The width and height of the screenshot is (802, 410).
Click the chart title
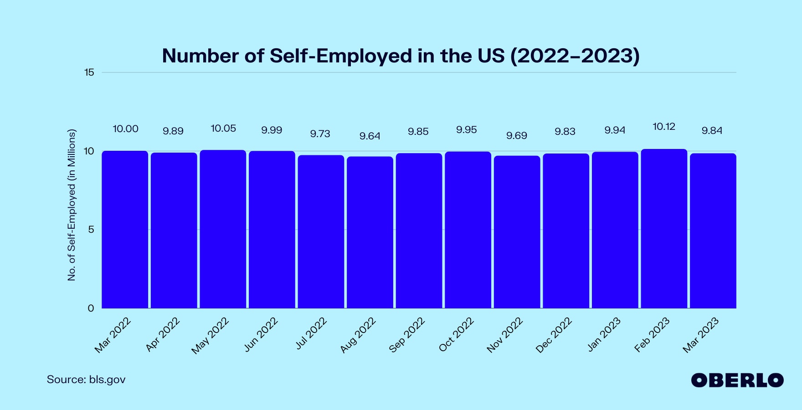pyautogui.click(x=401, y=56)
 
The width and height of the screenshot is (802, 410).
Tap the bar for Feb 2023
pyautogui.click(x=664, y=229)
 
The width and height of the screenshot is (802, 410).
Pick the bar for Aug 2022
pyautogui.click(x=370, y=232)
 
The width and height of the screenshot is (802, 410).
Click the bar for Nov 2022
pyautogui.click(x=517, y=232)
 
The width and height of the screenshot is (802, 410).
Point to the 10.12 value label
pyautogui.click(x=664, y=127)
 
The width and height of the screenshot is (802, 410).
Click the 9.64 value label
pyautogui.click(x=370, y=136)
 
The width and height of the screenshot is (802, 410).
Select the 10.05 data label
pyautogui.click(x=223, y=128)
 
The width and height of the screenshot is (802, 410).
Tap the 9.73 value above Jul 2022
pyautogui.click(x=320, y=133)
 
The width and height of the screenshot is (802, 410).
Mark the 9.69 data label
pyautogui.click(x=517, y=136)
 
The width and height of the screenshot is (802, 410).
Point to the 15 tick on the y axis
pyautogui.click(x=89, y=72)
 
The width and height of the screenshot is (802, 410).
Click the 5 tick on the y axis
pyautogui.click(x=91, y=230)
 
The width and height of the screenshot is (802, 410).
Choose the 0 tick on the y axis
pyautogui.click(x=91, y=308)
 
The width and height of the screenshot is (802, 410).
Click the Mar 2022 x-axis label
pyautogui.click(x=113, y=335)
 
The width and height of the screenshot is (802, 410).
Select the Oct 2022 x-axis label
pyautogui.click(x=456, y=335)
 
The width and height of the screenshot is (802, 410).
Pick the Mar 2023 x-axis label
pyautogui.click(x=700, y=335)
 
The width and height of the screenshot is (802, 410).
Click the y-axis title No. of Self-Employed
pyautogui.click(x=72, y=205)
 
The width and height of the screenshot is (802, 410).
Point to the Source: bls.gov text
pyautogui.click(x=86, y=379)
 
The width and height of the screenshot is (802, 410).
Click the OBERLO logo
pyautogui.click(x=737, y=380)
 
